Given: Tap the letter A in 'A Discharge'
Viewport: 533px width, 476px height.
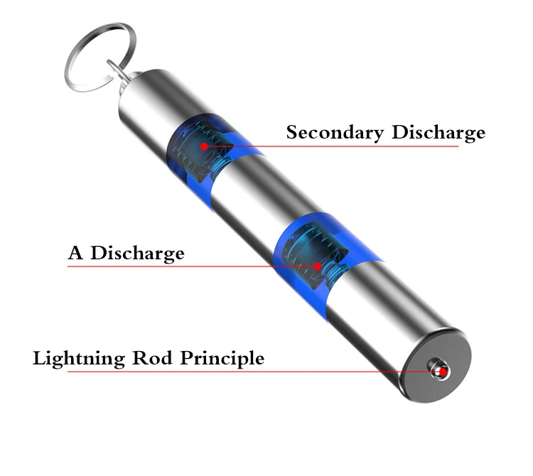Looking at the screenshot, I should tap(75, 252).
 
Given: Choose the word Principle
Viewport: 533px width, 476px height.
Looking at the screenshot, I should tap(222, 358).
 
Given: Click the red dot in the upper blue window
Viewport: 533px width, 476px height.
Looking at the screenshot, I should tap(204, 146).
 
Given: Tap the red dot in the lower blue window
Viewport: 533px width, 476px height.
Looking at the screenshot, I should tap(318, 267).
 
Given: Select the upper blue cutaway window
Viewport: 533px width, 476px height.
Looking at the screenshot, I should tap(203, 160).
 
